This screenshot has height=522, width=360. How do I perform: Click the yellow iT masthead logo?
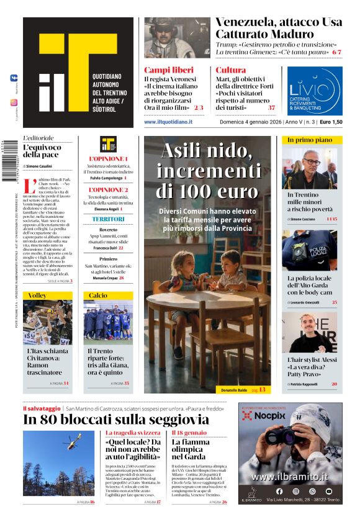[74, 68]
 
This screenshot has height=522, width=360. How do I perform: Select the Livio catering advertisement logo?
[315, 91]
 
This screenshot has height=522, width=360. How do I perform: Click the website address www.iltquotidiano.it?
[168, 122]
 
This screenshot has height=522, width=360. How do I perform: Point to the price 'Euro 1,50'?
[331, 122]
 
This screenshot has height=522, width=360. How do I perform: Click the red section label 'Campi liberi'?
[164, 70]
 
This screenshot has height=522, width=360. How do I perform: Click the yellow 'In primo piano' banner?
[310, 140]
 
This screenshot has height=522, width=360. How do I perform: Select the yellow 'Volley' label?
[37, 295]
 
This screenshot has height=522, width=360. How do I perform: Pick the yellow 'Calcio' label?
[97, 295]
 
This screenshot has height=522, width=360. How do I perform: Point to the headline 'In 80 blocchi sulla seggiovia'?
[116, 420]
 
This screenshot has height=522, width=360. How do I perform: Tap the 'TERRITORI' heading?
[109, 219]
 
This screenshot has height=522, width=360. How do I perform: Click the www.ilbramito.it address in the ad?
[290, 477]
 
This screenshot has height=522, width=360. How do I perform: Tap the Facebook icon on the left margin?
[14, 78]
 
